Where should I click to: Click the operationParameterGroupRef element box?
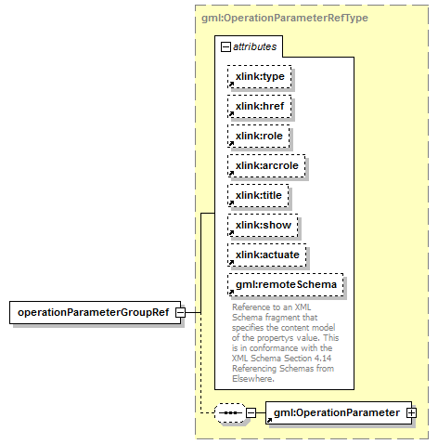[95, 312]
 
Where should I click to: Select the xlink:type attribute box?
[260, 76]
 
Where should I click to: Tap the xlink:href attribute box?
[260, 106]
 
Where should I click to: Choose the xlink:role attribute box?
[259, 136]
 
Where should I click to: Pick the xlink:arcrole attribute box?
[266, 165]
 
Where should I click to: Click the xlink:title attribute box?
[258, 195]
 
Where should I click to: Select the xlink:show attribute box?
[263, 225]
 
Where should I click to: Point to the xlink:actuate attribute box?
[267, 255]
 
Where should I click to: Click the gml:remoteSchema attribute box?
[286, 284]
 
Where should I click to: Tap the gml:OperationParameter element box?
[339, 412]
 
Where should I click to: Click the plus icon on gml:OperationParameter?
[412, 412]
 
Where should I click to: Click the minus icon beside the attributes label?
[225, 47]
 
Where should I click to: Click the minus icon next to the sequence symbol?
[251, 412]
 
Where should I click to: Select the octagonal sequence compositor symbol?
[230, 412]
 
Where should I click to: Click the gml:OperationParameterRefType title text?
[285, 18]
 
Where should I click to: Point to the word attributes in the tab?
[254, 46]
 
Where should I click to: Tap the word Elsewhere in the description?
[253, 379]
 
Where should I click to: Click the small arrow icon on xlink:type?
[231, 85]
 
